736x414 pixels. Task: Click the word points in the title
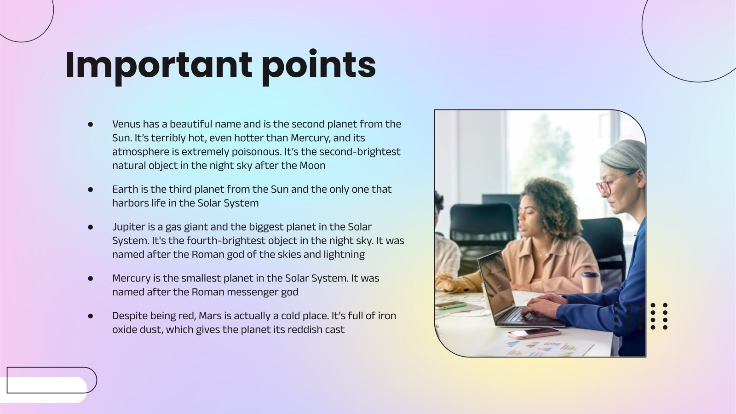318,66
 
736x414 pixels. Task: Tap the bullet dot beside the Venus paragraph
91,124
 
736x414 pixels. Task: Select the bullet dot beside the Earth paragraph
91,189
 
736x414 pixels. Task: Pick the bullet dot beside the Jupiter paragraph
91,227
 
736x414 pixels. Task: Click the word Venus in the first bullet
126,124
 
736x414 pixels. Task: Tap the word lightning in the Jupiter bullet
345,254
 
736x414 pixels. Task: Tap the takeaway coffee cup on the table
590,282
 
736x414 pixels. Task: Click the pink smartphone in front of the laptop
534,333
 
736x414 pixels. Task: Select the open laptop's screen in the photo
495,282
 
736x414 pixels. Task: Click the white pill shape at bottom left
44,390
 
